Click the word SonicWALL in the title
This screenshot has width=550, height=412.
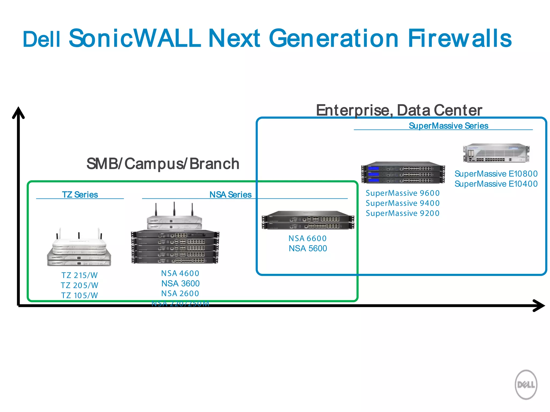[134, 38]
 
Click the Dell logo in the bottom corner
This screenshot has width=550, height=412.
[526, 385]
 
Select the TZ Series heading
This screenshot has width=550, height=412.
[80, 194]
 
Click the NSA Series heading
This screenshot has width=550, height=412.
[230, 194]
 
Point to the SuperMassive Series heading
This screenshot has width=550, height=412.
[448, 126]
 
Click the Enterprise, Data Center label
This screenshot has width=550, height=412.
[399, 110]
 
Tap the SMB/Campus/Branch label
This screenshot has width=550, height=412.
[163, 164]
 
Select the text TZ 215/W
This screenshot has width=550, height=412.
[79, 275]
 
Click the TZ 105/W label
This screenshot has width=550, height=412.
[79, 295]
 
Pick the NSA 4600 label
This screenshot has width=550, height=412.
[180, 273]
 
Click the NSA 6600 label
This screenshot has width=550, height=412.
[307, 238]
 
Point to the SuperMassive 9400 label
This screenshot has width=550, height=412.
[403, 203]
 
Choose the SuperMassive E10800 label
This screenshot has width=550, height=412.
[496, 174]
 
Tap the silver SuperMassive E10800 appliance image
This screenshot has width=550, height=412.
[496, 153]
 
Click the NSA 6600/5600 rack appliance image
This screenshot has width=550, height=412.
[308, 220]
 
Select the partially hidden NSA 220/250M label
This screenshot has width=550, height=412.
[180, 304]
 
